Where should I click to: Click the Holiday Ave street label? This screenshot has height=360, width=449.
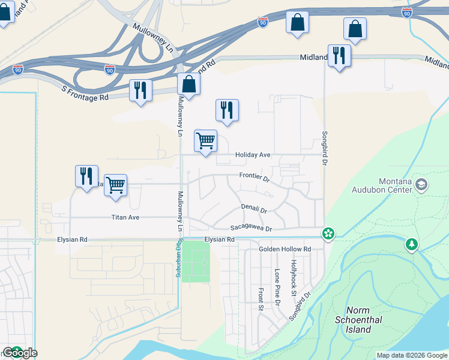pyautogui.click(x=253, y=155)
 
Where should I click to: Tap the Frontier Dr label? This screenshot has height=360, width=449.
pyautogui.click(x=255, y=176)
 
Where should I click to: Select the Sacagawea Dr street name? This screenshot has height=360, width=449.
pyautogui.click(x=252, y=229)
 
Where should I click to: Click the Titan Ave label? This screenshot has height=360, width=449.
pyautogui.click(x=125, y=217)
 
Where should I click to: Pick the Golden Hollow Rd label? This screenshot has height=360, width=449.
pyautogui.click(x=285, y=249)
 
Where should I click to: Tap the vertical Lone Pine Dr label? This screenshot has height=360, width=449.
pyautogui.click(x=277, y=287)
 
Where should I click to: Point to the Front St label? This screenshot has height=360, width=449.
pyautogui.click(x=261, y=299)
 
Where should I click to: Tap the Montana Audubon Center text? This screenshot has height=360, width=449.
pyautogui.click(x=396, y=185)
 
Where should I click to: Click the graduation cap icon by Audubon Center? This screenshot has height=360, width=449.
pyautogui.click(x=421, y=184)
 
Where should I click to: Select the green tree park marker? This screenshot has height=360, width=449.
pyautogui.click(x=412, y=245)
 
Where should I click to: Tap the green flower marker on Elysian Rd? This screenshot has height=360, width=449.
pyautogui.click(x=328, y=234)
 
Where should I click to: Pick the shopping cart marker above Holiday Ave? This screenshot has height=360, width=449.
pyautogui.click(x=205, y=141)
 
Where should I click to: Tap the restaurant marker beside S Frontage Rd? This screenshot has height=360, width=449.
pyautogui.click(x=140, y=91)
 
